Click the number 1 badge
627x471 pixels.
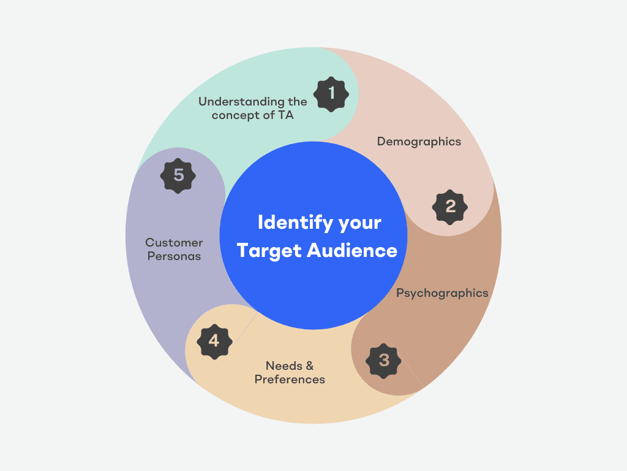[331, 94]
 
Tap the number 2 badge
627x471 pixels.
[450, 207]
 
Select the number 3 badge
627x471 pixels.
[384, 360]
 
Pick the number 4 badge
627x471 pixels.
[214, 340]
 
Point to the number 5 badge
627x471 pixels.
[178, 175]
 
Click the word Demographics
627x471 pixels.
[419, 142]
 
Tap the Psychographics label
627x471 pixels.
[442, 293]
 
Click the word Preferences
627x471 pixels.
[290, 379]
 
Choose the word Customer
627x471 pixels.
[174, 243]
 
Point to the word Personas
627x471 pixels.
[174, 256]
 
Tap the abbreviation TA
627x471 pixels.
[286, 115]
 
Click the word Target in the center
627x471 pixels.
[269, 250]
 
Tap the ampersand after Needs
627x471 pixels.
[309, 366]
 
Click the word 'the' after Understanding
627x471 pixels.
[297, 102]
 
